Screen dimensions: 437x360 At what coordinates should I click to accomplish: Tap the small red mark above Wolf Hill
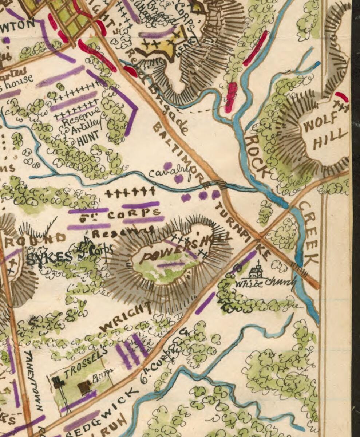(x=341, y=97)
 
